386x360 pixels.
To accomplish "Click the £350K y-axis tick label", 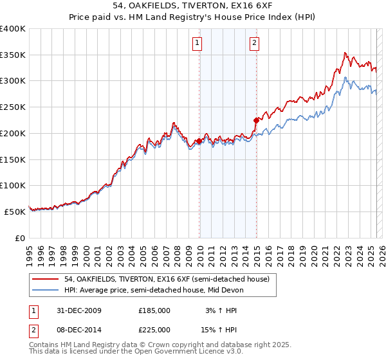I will (13, 55).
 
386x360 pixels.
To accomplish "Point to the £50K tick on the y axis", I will (15, 212).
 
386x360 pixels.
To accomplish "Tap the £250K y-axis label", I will (13, 107).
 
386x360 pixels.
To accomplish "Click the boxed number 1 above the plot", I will (197, 44).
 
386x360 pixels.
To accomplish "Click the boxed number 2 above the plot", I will (255, 44).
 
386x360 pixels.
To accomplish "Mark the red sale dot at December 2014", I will (256, 120).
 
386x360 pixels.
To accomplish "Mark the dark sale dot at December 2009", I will (199, 140).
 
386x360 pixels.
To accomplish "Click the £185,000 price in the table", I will (154, 310).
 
